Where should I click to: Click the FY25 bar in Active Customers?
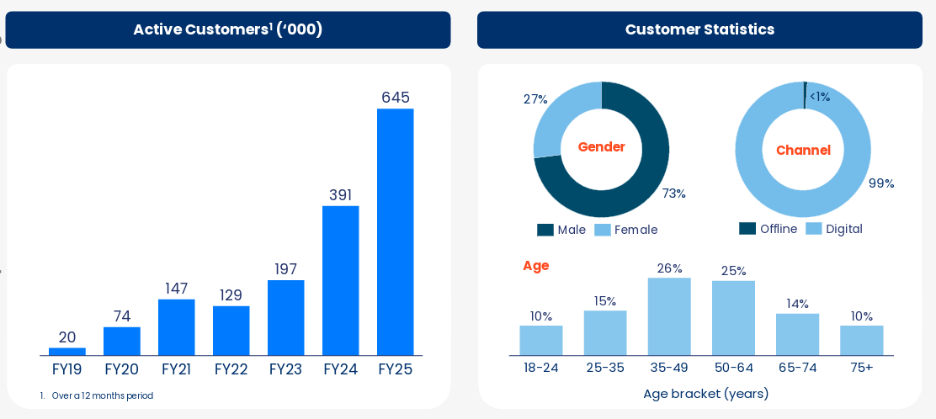(x=395, y=231)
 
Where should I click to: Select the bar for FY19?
(x=67, y=352)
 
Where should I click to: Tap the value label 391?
(x=340, y=195)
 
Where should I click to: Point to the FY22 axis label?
(x=231, y=369)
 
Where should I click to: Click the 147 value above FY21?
(x=176, y=289)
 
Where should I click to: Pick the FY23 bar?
(x=285, y=317)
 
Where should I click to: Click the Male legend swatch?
(x=545, y=230)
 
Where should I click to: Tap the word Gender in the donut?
(x=601, y=147)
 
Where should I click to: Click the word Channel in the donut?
(x=803, y=151)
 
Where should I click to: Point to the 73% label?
(x=673, y=194)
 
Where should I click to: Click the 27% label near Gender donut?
(x=535, y=99)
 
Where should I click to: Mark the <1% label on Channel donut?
(x=819, y=97)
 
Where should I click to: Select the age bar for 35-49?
(x=669, y=316)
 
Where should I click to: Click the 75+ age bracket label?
(x=861, y=368)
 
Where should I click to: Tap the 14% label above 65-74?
(x=797, y=304)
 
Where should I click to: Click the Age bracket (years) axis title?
(x=705, y=394)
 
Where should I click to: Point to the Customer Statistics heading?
(x=699, y=30)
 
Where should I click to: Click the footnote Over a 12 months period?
(x=102, y=395)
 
